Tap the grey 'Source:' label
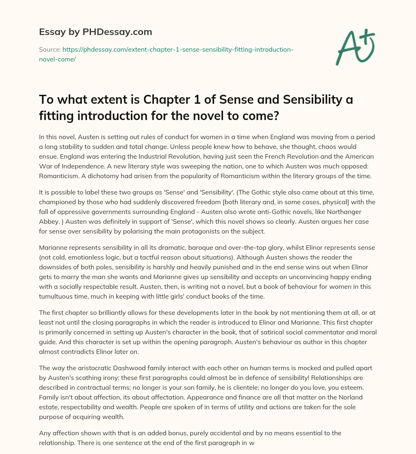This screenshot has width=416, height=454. click(x=49, y=49)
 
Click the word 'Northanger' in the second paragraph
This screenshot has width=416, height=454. click(x=351, y=212)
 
